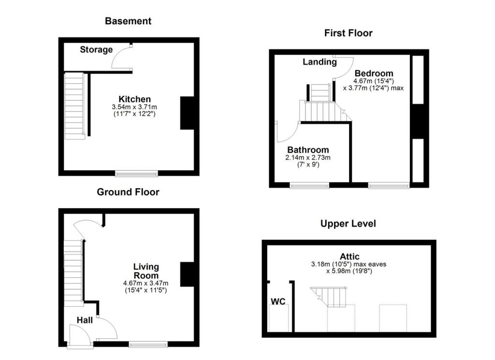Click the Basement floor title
(128, 21)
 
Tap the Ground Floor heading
(128, 192)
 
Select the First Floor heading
(348, 33)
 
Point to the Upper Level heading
(348, 224)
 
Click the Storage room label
(96, 49)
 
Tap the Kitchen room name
(128, 99)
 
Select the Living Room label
(146, 271)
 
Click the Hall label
(84, 320)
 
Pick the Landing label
(320, 62)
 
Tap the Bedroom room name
(374, 74)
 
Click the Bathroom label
(308, 150)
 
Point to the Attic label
(349, 256)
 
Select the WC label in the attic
(277, 302)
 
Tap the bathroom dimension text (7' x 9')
(308, 165)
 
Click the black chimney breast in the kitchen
(187, 113)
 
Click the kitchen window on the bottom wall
(136, 172)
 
